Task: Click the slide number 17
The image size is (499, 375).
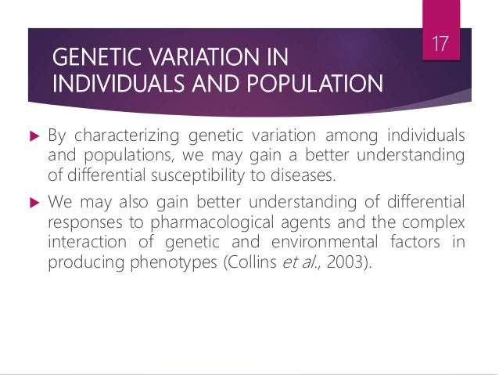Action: click(x=441, y=41)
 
